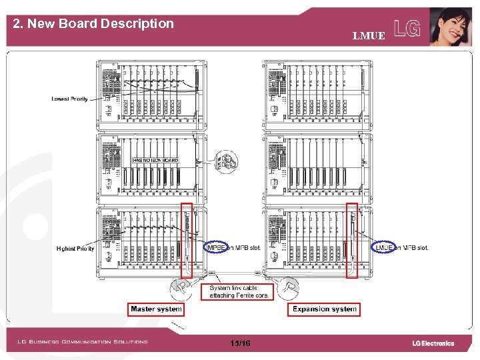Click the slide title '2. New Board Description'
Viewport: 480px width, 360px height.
click(x=93, y=24)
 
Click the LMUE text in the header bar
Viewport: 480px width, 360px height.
click(x=369, y=36)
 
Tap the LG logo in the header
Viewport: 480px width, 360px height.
click(x=407, y=29)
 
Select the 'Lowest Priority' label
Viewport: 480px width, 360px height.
click(x=69, y=99)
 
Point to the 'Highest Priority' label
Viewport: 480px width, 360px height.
click(x=75, y=249)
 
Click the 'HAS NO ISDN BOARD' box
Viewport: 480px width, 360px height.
click(x=155, y=161)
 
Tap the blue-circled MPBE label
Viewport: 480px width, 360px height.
click(x=217, y=248)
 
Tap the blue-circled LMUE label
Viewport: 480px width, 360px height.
click(x=385, y=248)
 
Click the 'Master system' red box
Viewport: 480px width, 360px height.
click(x=156, y=309)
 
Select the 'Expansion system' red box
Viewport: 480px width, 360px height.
click(x=325, y=309)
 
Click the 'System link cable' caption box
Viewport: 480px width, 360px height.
click(x=237, y=291)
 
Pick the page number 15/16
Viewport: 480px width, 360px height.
click(x=239, y=343)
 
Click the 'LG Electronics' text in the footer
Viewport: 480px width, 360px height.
click(x=433, y=343)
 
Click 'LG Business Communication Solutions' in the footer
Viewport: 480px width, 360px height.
click(x=83, y=342)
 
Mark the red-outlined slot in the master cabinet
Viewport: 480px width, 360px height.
click(x=187, y=240)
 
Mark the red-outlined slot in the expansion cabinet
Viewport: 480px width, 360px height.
click(x=354, y=240)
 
